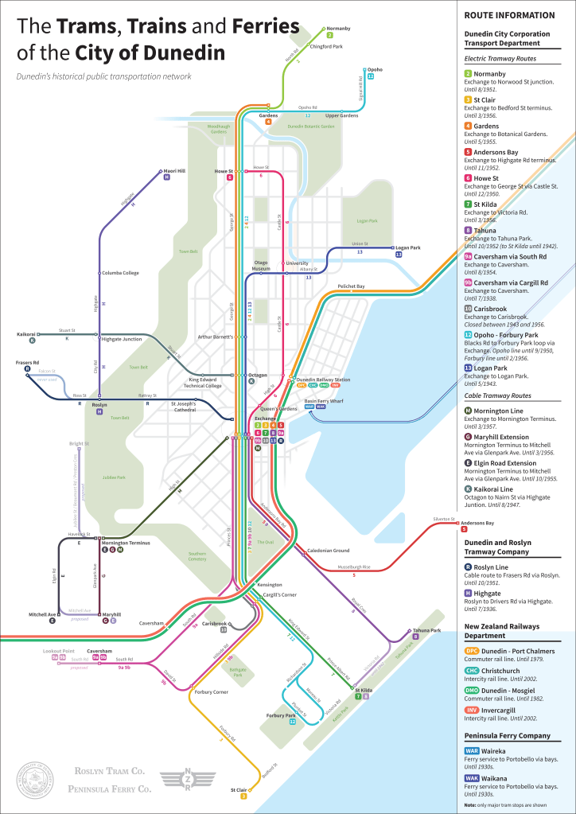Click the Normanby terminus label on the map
tap(338, 29)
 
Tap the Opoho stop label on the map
tap(374, 69)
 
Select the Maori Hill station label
tap(174, 170)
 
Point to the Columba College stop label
tap(120, 273)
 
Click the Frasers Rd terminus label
tap(28, 362)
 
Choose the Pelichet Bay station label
tap(351, 286)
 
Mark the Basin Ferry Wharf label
tap(323, 401)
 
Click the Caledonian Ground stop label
tap(329, 551)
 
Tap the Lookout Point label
tap(58, 650)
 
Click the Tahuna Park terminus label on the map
tap(426, 629)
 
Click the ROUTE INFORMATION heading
tap(509, 15)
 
